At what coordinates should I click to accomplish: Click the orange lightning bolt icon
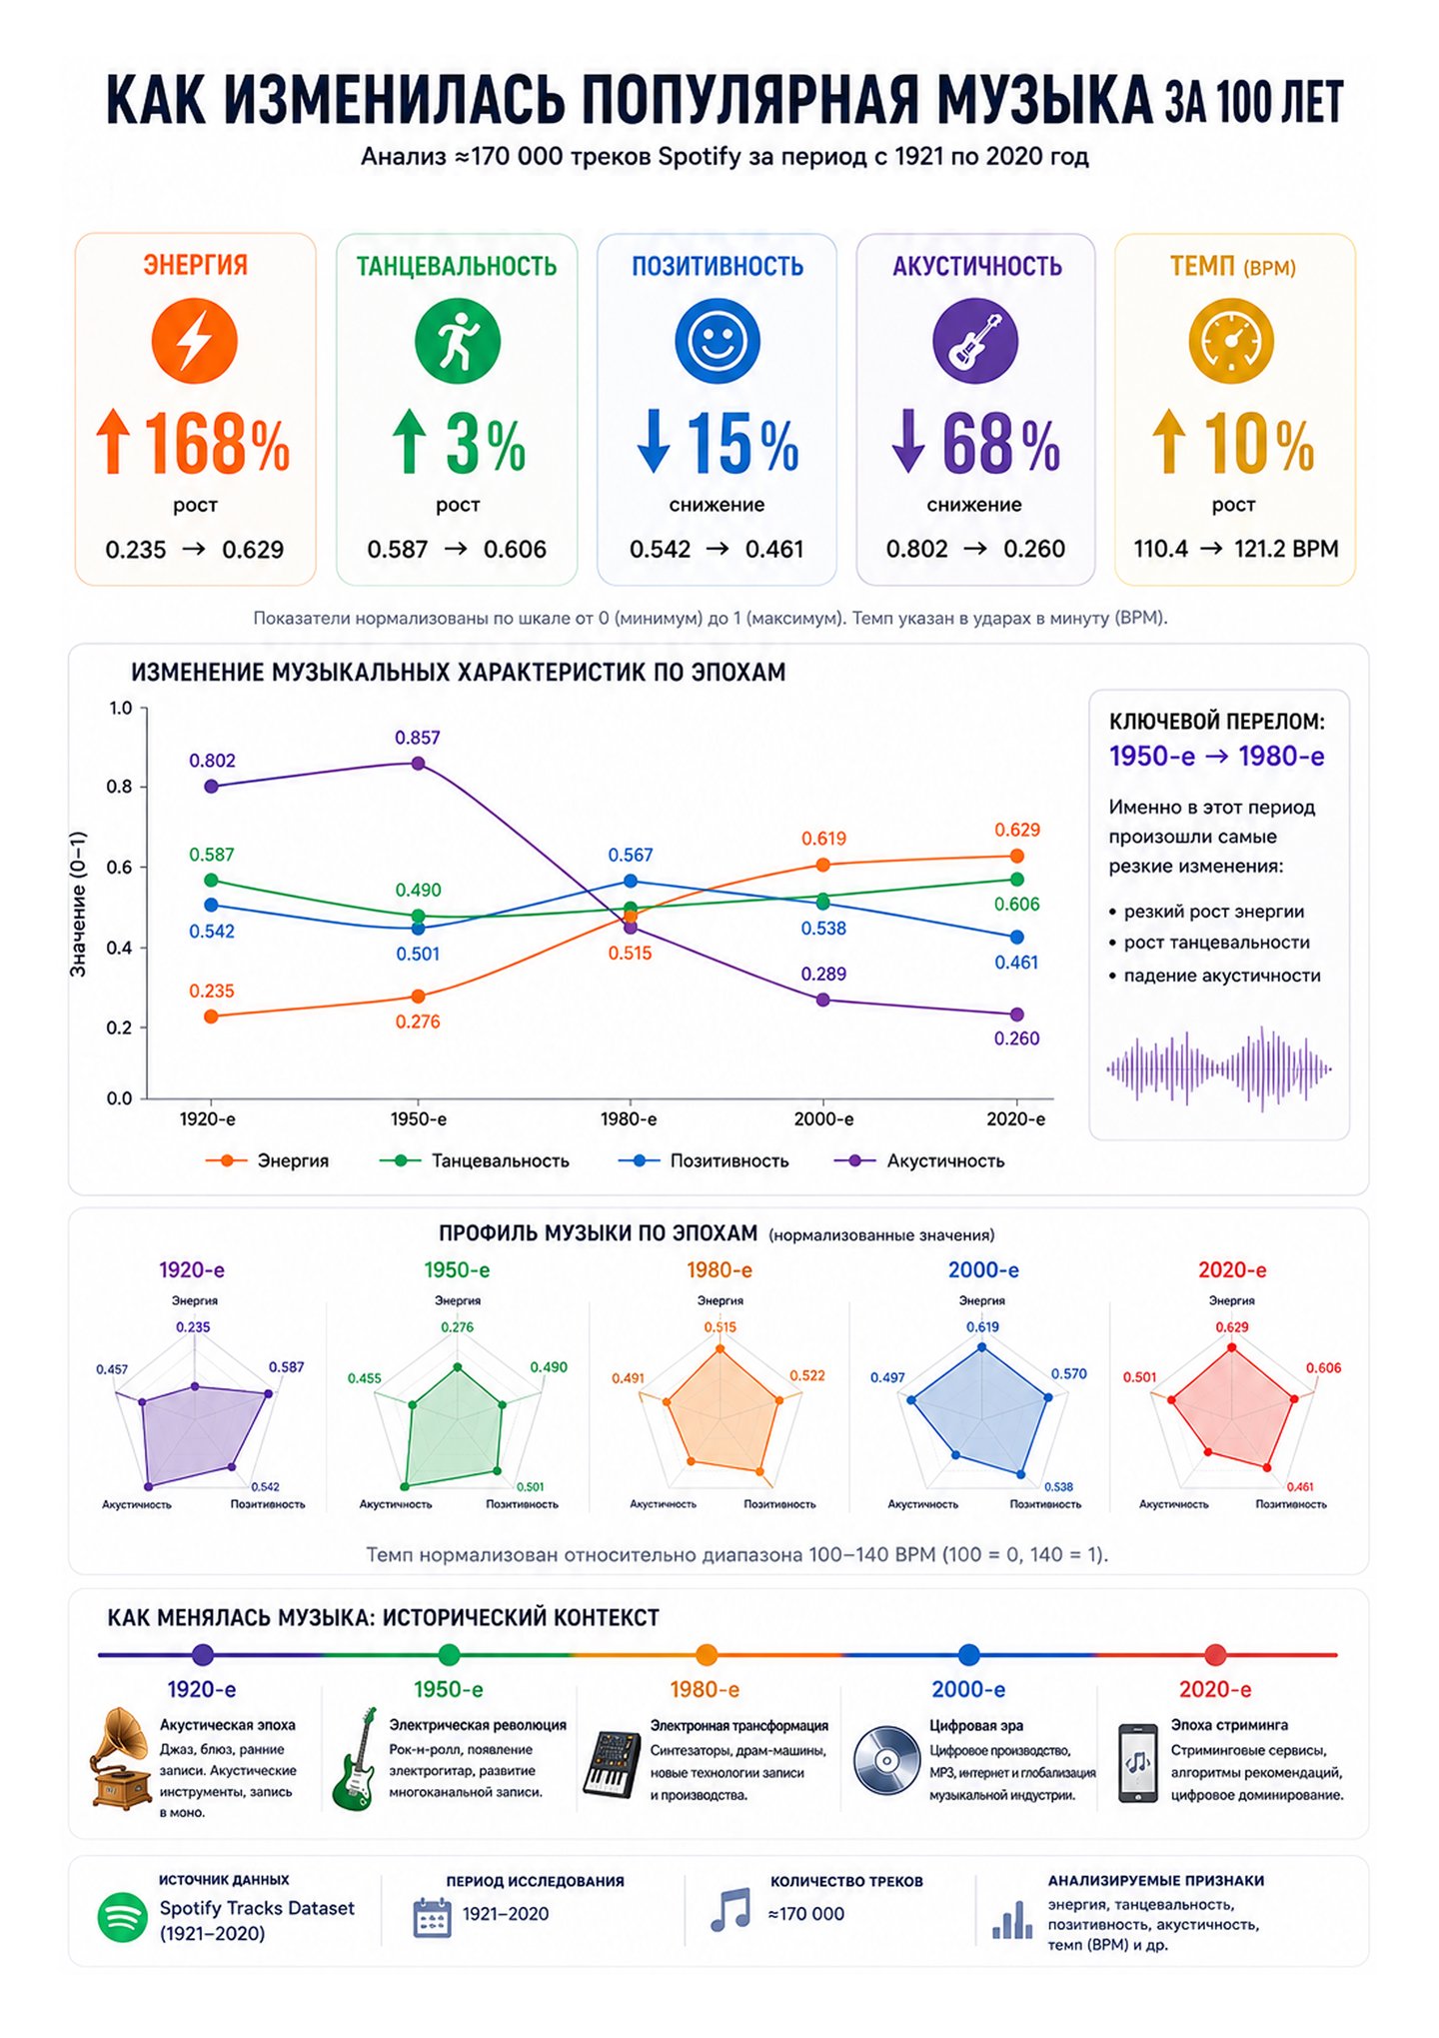tap(195, 341)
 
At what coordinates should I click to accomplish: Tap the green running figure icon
tap(458, 341)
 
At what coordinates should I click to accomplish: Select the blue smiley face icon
tap(717, 341)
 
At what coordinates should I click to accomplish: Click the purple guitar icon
tap(975, 341)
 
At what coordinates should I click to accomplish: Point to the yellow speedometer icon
tap(1231, 341)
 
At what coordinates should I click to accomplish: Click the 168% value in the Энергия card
tap(217, 444)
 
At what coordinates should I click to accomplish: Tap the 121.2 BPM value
tap(1286, 549)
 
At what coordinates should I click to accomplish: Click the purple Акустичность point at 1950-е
tap(418, 764)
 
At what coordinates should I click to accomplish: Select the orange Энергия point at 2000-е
tap(822, 865)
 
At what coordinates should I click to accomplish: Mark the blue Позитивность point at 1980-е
tap(631, 881)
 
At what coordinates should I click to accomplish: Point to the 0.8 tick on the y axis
tap(120, 787)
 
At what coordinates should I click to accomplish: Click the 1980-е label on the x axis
tap(629, 1119)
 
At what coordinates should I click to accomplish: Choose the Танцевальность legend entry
tap(475, 1161)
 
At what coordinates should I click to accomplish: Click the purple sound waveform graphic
tap(1218, 1068)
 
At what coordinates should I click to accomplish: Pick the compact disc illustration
tap(886, 1760)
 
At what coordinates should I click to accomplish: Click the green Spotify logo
tap(122, 1918)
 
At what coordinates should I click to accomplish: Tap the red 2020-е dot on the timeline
tap(1215, 1655)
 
